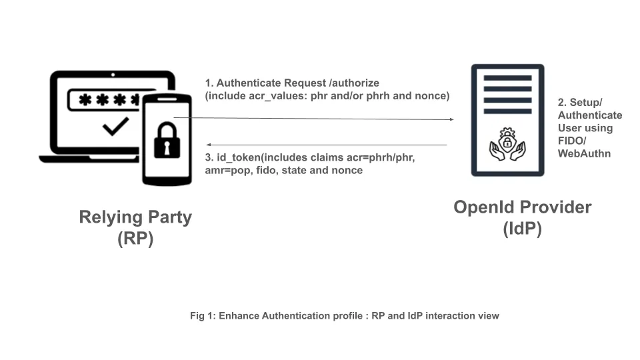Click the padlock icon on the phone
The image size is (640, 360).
coord(167,141)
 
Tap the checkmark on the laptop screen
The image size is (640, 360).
coord(116,127)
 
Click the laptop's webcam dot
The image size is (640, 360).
coord(113,75)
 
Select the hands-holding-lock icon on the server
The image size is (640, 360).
coord(507,145)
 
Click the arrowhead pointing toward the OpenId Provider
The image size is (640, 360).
coord(451,119)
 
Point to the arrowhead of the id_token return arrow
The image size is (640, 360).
coord(208,145)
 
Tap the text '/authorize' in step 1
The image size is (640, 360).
coord(354,83)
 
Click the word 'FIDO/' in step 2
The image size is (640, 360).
coord(572,141)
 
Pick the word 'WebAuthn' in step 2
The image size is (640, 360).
coord(584,154)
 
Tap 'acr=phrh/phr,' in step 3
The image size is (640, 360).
coord(381,157)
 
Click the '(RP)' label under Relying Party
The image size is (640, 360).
coord(135,239)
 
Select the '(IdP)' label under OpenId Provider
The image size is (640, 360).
coord(523,229)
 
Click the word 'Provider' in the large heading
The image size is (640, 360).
coord(553,207)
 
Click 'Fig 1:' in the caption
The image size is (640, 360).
coord(203,316)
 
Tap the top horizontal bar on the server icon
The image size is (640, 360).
coord(507,78)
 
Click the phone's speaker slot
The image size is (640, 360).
coord(167,99)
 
